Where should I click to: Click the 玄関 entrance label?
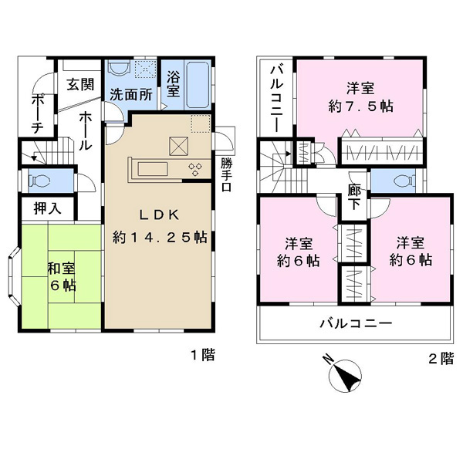point(80,85)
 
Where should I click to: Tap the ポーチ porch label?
point(38,114)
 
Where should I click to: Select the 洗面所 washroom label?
point(131,95)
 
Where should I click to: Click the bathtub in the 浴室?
point(198,85)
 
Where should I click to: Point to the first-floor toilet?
point(39,181)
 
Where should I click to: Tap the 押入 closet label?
point(48,208)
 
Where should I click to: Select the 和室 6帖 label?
point(62,277)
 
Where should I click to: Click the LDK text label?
point(160,215)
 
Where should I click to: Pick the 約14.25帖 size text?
point(160,237)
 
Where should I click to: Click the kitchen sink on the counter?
point(153,169)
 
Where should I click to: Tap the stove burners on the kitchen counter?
point(195,170)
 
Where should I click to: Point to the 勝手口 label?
point(227,175)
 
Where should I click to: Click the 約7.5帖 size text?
point(360,106)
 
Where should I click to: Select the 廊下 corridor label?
point(354,197)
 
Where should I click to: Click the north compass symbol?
point(345,376)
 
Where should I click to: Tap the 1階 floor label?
point(203,355)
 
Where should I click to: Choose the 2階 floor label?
point(441,359)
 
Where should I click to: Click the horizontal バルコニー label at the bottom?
point(357,323)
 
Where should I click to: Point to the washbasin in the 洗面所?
point(119,68)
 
